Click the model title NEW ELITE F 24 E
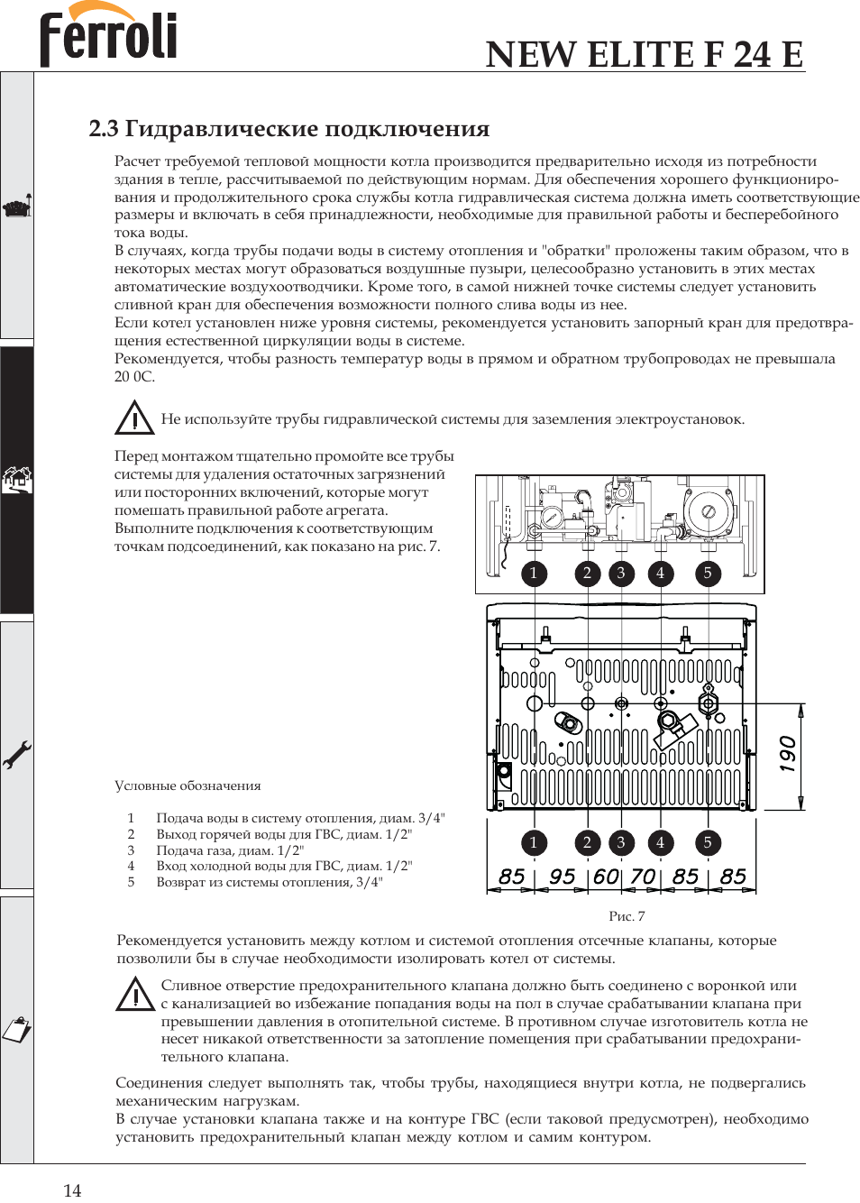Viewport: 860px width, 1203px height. click(x=644, y=54)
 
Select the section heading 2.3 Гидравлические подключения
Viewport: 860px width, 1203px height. click(x=288, y=129)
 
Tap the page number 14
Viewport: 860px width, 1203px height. click(x=72, y=1189)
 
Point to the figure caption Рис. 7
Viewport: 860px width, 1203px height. click(x=627, y=916)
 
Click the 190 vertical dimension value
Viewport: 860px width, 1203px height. click(x=787, y=754)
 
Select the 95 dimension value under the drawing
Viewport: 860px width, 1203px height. click(x=562, y=877)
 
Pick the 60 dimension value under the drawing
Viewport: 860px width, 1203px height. click(x=606, y=877)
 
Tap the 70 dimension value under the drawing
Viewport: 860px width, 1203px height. click(x=642, y=877)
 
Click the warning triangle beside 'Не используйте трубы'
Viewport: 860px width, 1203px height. click(x=134, y=418)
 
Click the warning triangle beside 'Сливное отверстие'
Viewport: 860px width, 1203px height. click(x=135, y=994)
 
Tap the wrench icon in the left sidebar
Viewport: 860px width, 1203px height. click(x=16, y=754)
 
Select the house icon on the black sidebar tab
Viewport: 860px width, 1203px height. click(x=16, y=479)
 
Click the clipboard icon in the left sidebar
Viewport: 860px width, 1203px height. click(x=16, y=1029)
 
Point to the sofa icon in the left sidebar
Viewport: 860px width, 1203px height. click(x=16, y=207)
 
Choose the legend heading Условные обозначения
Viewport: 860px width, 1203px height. click(x=188, y=785)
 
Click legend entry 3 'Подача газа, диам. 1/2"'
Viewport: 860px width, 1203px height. click(x=230, y=850)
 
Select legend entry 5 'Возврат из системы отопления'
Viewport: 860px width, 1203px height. click(x=269, y=882)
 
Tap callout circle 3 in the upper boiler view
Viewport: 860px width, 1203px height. click(x=620, y=573)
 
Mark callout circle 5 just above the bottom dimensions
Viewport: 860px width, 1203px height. click(x=708, y=842)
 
